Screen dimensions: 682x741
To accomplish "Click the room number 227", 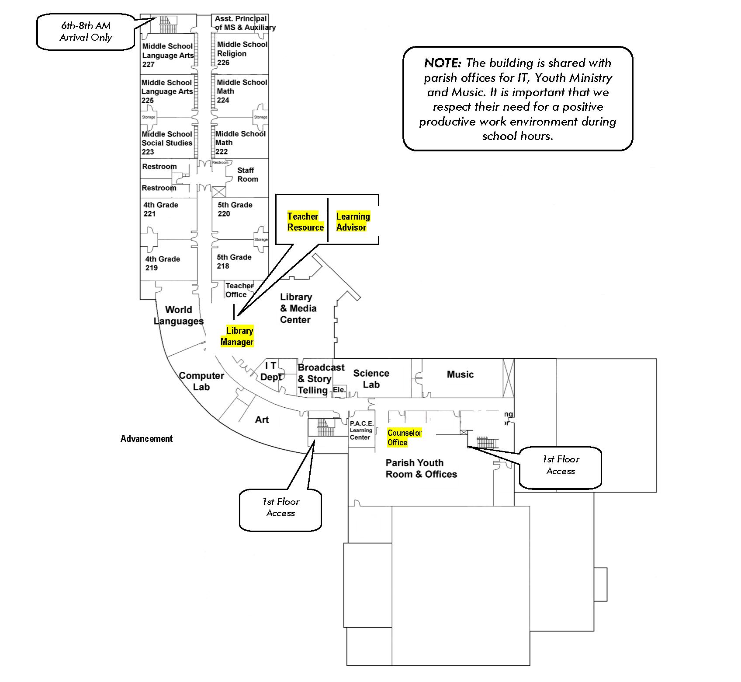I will pos(149,64).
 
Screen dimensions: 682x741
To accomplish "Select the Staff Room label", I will pos(247,175).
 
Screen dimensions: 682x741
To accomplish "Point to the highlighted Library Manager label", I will pos(237,336).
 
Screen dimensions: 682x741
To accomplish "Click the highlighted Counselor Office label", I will pos(404,437).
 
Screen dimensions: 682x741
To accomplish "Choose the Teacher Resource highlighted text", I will pos(305,222).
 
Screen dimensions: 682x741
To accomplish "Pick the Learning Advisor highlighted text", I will pos(353,222).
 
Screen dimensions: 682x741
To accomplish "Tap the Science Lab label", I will pos(371,379).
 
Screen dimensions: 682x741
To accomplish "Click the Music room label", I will pos(460,374).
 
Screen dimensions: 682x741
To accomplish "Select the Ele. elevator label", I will pos(339,389).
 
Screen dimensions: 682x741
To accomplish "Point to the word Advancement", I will pos(146,439).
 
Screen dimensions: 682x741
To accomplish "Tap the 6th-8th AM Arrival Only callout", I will pos(86,31).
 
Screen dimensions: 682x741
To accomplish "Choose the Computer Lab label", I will pos(201,381).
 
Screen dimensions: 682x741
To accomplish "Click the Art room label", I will pos(262,420).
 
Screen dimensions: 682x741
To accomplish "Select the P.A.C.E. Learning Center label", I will pos(361,430).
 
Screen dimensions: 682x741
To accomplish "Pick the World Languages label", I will pos(178,315).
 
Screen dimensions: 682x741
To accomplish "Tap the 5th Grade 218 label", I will pos(234,262).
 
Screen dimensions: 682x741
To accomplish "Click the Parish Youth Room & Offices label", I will pos(421,469).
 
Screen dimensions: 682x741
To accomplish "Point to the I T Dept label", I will pos(271,371).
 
